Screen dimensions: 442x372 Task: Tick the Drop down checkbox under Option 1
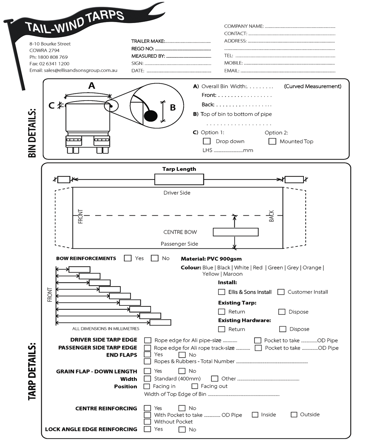point(206,141)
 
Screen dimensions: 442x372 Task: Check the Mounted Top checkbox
point(272,141)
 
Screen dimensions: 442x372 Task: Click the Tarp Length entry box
point(179,179)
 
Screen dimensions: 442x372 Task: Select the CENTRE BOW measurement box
point(236,232)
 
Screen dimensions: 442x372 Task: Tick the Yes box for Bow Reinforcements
point(128,258)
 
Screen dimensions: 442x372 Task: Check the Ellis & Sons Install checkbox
point(222,292)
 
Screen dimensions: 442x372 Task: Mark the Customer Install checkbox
point(281,292)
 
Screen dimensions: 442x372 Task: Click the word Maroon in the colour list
point(233,274)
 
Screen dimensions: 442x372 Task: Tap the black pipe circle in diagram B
point(151,116)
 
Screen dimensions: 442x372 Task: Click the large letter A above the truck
point(91,86)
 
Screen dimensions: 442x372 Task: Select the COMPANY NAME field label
point(244,26)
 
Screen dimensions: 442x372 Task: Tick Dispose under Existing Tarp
point(282,312)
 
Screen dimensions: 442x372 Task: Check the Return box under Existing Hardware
point(222,329)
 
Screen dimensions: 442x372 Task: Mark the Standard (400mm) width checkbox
point(148,379)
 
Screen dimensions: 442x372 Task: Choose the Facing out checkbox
point(195,386)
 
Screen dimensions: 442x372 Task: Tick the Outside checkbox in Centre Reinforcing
point(294,414)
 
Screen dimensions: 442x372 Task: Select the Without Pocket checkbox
point(148,422)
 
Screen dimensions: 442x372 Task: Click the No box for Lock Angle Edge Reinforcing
point(182,430)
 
